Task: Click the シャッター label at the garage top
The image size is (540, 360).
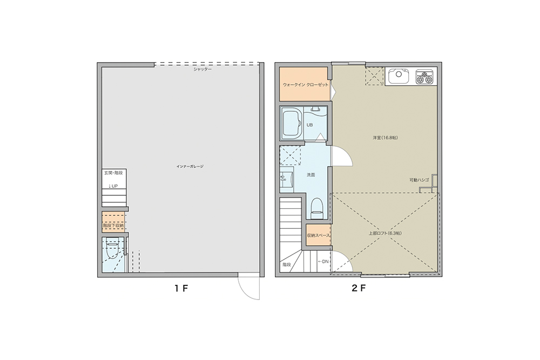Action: click(202, 69)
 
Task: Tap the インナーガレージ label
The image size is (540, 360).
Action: click(190, 167)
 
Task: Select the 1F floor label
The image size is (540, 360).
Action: click(181, 288)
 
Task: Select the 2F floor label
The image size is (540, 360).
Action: click(358, 288)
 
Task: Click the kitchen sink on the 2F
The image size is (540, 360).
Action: click(399, 76)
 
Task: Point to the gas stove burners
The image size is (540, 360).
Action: click(424, 77)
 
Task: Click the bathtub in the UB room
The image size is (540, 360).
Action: click(292, 123)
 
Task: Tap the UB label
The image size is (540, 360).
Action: click(309, 125)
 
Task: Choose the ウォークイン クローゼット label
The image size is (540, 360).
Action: click(306, 85)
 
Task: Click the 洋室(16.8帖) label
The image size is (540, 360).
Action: click(385, 138)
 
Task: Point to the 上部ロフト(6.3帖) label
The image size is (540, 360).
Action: click(385, 233)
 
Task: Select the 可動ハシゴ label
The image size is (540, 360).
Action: click(419, 180)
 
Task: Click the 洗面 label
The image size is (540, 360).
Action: click(310, 175)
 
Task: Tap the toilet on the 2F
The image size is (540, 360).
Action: click(317, 209)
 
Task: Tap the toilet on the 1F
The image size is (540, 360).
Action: click(112, 249)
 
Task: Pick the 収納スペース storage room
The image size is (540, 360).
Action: click(319, 235)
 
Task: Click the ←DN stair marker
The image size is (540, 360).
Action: click(323, 262)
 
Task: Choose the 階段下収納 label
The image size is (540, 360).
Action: click(113, 226)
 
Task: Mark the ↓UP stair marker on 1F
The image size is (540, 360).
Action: click(113, 186)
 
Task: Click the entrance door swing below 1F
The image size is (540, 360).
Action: click(248, 287)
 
